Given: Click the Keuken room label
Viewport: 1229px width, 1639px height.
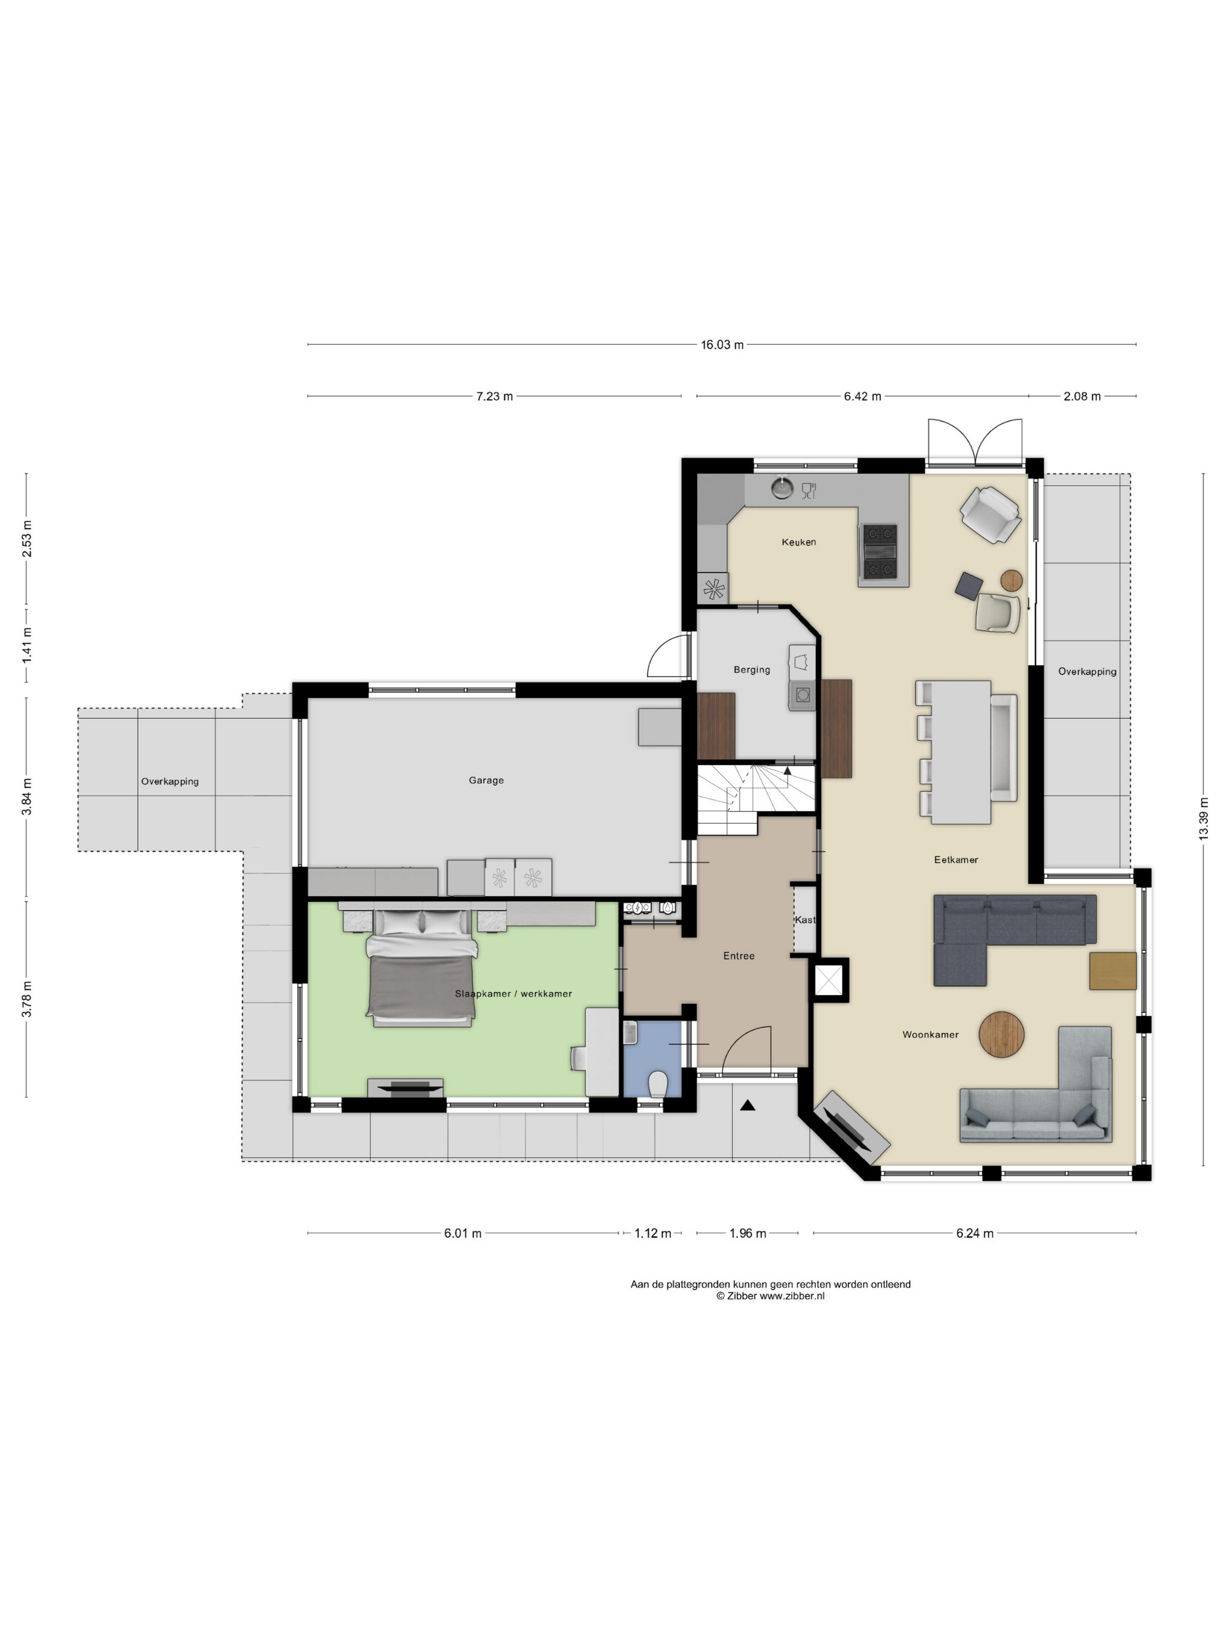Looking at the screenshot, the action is (799, 541).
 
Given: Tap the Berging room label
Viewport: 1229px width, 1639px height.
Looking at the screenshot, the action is (752, 670).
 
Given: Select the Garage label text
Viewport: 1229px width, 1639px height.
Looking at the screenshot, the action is (486, 780).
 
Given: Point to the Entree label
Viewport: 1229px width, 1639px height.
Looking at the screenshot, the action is (739, 956).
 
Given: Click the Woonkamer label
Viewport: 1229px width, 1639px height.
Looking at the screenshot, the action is (931, 1034).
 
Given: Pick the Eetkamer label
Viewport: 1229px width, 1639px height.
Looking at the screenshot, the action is (956, 859).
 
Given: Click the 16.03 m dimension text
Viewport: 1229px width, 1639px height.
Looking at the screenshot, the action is (722, 345).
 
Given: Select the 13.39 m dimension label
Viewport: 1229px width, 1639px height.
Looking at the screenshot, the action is (1204, 819).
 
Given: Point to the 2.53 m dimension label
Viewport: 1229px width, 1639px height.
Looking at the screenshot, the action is (27, 539).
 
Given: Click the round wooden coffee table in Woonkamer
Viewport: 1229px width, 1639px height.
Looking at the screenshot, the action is (1001, 1034).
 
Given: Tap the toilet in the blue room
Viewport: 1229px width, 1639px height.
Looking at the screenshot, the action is (657, 1084).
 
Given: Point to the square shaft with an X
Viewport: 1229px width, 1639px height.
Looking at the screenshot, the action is (829, 980).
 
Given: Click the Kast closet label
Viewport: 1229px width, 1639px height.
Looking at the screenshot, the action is (805, 920).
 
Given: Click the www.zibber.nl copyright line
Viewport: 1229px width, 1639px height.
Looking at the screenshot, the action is (770, 1296).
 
